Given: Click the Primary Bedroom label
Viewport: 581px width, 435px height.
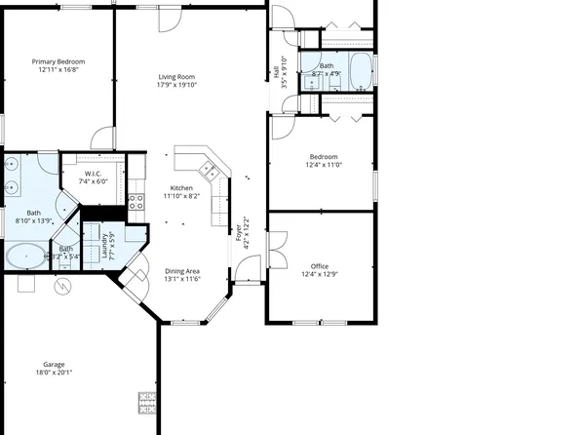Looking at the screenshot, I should pos(58,60).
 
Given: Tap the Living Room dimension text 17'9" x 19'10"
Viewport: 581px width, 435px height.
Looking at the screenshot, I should pos(178,85).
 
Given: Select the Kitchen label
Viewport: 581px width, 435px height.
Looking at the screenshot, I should pos(181,187).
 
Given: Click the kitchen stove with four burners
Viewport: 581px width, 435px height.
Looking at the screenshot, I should pos(136,203).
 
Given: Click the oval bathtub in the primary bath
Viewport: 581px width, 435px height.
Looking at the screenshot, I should pos(24,257).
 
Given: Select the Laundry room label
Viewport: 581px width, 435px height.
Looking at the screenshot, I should pos(104,245).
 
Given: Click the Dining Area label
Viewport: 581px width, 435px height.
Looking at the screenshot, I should pos(181,270).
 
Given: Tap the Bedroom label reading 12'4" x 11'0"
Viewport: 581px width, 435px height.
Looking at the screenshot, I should pos(324,165).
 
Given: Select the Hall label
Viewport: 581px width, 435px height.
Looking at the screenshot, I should pos(276,71).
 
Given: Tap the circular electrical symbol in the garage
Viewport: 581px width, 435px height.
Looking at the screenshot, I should pos(64,287).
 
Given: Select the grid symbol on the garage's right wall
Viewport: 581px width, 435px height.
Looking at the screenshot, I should pos(148,400).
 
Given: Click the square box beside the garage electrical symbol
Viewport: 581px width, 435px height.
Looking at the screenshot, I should pos(26,285).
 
